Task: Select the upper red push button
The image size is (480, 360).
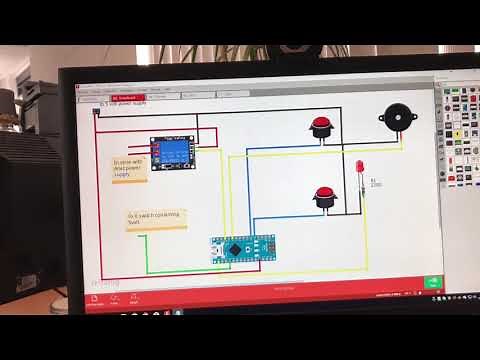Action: (321, 128)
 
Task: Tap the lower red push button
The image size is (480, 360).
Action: (323, 196)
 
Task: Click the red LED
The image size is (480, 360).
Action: (361, 166)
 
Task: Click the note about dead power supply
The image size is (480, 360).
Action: (130, 167)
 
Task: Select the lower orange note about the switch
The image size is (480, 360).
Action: (155, 217)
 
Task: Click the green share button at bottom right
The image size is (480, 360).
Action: (434, 284)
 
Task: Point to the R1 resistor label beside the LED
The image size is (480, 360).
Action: (375, 183)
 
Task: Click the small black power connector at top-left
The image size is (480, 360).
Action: (96, 112)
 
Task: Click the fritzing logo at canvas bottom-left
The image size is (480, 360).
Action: (105, 281)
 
